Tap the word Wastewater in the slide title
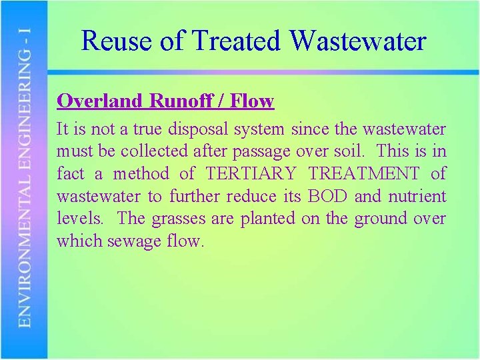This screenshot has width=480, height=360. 358,41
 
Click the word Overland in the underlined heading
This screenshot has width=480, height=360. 99,101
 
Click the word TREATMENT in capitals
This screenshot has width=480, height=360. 364,174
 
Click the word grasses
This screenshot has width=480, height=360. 176,219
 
